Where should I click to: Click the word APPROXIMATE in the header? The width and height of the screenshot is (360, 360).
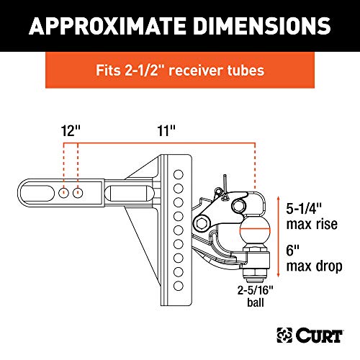click(107, 26)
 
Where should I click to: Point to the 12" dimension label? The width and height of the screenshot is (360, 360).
click(71, 131)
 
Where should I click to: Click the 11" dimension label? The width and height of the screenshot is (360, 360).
click(166, 131)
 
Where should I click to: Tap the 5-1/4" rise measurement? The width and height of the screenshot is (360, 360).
click(304, 208)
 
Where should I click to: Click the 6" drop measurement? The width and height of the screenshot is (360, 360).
click(293, 250)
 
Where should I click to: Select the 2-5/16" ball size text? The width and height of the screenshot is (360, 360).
click(256, 290)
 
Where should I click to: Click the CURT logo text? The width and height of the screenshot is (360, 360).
click(319, 336)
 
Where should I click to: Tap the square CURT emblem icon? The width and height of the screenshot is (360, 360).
click(284, 336)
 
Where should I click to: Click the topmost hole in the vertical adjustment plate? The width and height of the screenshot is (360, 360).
click(179, 174)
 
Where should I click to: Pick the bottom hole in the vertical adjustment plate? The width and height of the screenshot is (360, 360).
click(179, 286)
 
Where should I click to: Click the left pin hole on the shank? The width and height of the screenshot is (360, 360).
click(63, 193)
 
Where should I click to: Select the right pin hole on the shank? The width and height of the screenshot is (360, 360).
click(78, 193)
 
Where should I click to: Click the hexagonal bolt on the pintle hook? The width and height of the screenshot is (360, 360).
click(202, 223)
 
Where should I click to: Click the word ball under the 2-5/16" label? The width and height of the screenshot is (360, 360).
click(256, 302)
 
